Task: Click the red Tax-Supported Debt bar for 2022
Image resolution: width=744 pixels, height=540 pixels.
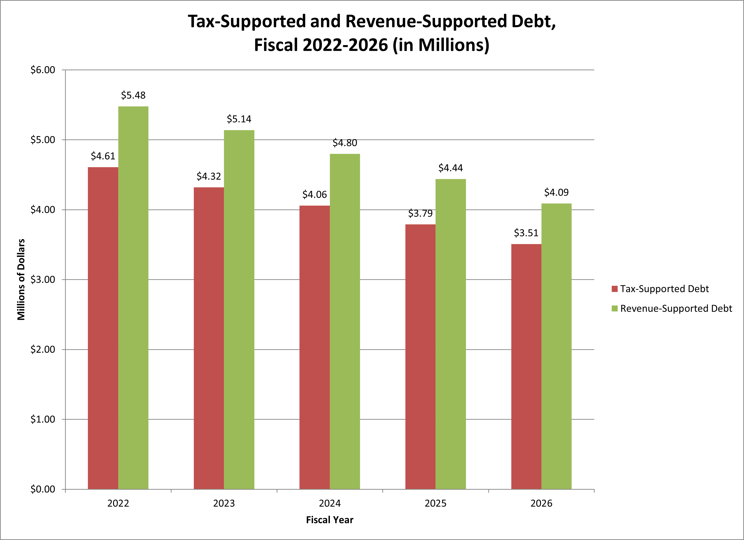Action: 103,328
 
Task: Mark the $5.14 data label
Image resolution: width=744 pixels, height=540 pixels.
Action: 239,119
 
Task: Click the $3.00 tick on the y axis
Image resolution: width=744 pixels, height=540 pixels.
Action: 43,280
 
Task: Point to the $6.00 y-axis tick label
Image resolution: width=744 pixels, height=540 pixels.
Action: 43,70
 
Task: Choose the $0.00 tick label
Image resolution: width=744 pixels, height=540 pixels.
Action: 43,489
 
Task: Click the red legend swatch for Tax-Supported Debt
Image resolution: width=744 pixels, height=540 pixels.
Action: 614,289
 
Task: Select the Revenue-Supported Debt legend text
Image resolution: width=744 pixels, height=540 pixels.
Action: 676,309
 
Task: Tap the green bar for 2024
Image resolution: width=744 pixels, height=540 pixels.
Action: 345,321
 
